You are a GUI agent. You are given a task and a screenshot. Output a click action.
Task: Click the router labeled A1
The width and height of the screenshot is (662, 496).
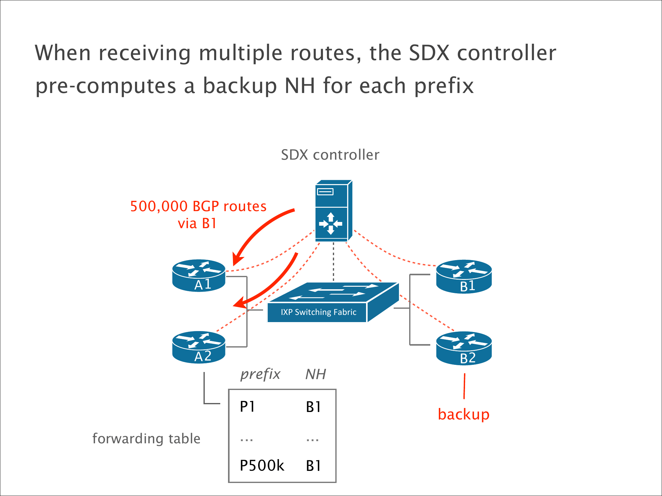click(199, 276)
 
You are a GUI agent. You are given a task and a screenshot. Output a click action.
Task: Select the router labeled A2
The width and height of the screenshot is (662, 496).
click(199, 347)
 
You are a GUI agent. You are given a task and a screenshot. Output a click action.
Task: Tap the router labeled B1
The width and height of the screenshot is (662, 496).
click(464, 277)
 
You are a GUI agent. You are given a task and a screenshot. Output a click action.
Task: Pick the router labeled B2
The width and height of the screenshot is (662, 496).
click(464, 348)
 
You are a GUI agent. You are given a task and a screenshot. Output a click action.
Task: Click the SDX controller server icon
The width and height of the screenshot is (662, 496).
click(333, 211)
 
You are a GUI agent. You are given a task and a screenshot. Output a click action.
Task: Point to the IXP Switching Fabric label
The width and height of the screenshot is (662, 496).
click(318, 312)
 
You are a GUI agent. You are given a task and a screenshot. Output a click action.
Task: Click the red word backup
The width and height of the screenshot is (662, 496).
click(463, 414)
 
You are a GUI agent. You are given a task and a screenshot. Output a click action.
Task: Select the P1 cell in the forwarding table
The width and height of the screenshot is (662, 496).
click(247, 406)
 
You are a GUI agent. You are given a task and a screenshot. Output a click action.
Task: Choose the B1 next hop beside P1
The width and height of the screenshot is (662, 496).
click(313, 407)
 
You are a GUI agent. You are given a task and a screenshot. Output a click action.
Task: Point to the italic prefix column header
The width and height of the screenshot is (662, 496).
click(260, 374)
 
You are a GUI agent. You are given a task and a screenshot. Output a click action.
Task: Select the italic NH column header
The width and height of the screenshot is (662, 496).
click(315, 374)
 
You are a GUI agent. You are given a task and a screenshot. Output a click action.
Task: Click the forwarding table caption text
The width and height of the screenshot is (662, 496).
click(146, 439)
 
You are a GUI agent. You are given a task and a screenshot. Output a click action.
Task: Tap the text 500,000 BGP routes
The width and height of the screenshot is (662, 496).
click(198, 206)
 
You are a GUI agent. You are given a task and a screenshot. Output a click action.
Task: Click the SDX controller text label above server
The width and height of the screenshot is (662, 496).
click(330, 155)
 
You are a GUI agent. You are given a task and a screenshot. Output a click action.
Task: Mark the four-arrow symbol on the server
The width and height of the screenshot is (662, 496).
click(331, 224)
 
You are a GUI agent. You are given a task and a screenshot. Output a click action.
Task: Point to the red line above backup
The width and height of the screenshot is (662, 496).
click(464, 386)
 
